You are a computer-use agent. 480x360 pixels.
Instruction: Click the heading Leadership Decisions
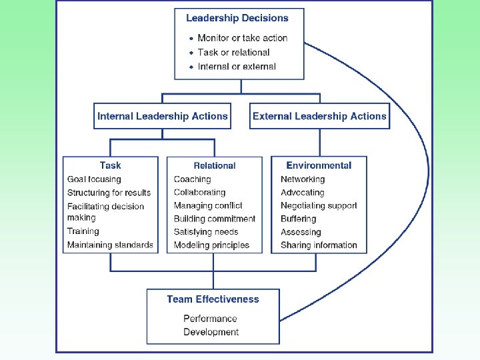(237, 19)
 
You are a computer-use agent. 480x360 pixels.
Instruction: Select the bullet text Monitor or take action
(242, 38)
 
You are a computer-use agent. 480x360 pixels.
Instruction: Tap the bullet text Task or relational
(233, 52)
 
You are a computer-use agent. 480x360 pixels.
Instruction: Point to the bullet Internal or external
(236, 66)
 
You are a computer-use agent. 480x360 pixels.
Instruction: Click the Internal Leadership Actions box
(163, 116)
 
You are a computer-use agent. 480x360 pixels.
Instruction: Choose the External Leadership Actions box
(319, 116)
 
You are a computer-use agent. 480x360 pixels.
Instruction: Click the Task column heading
(111, 165)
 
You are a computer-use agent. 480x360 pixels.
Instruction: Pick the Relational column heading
(215, 165)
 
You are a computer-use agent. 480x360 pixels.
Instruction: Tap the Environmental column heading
(319, 165)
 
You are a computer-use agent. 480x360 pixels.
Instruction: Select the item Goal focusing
(94, 179)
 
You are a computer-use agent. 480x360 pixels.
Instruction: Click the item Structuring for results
(109, 193)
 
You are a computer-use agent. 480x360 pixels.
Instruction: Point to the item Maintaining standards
(110, 245)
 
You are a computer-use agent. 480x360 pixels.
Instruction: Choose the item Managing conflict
(208, 205)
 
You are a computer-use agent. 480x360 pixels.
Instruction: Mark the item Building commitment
(215, 219)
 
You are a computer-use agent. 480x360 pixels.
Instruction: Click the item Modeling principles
(211, 245)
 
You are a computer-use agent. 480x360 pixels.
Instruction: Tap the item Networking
(303, 179)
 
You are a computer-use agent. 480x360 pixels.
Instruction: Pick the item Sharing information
(319, 245)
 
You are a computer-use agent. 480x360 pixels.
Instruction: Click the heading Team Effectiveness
(213, 299)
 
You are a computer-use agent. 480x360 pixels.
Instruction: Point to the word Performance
(210, 319)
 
